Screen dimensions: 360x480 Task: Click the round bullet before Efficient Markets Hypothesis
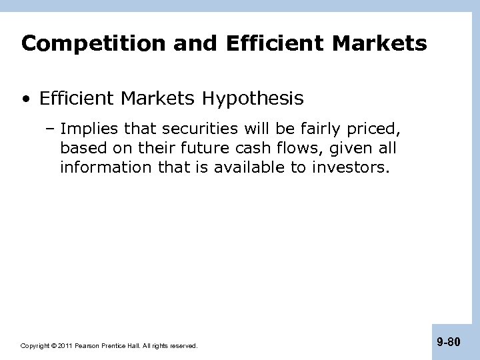point(25,100)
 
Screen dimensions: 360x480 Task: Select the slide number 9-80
point(448,342)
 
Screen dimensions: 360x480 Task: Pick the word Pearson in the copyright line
point(88,346)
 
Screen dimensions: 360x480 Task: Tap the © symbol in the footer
point(53,346)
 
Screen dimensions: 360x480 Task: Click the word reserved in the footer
point(185,346)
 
